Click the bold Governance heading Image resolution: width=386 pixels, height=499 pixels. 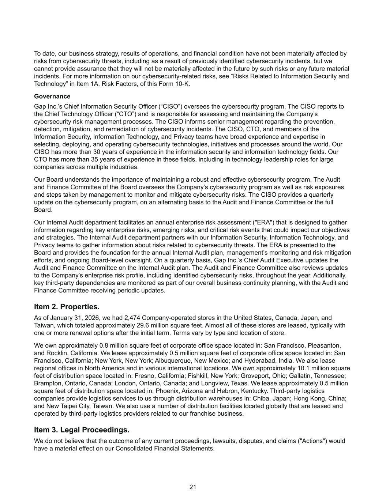pyautogui.click(x=52, y=97)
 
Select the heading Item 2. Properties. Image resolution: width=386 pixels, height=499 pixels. pyautogui.click(x=67, y=306)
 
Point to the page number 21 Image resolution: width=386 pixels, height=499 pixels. pyautogui.click(x=193, y=487)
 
